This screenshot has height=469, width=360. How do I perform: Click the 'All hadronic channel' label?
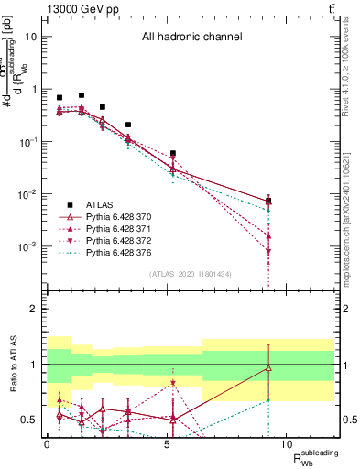click(x=191, y=38)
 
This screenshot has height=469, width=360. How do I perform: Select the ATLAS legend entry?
click(x=98, y=205)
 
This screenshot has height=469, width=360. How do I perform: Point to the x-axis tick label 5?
click(x=167, y=444)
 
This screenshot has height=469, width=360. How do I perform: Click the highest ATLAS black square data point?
click(x=82, y=94)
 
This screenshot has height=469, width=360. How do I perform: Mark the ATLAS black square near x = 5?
click(x=173, y=153)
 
